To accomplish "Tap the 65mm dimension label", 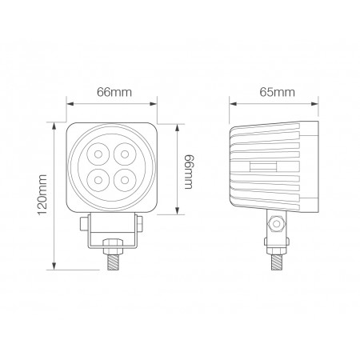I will coord(274,92).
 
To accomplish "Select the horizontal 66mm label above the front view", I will coord(114,92).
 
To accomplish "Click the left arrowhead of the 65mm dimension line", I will coord(233,102).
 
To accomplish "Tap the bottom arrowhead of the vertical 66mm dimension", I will coord(178,211).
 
